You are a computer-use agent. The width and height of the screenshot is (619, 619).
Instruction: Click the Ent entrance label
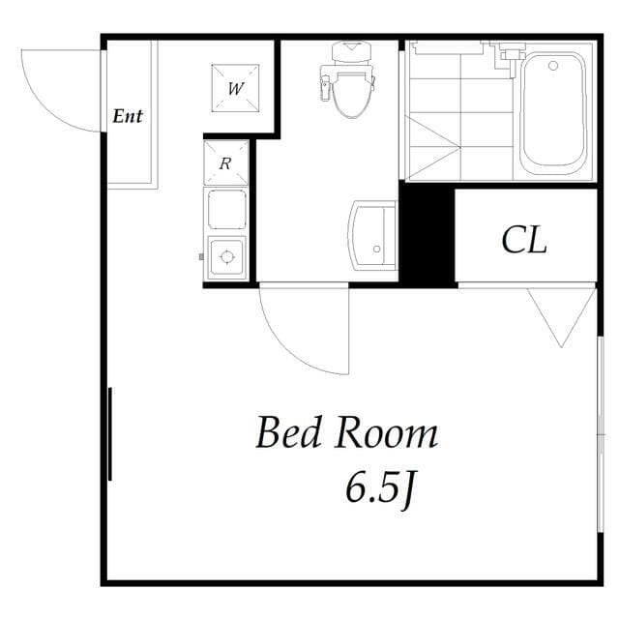coord(128,116)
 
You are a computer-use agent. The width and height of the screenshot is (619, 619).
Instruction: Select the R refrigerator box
coord(225,162)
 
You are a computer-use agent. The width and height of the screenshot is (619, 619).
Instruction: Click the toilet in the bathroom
coord(353,87)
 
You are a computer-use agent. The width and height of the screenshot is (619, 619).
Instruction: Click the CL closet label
coord(524,240)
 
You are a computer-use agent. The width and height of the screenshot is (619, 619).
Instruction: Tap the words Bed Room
coord(346,433)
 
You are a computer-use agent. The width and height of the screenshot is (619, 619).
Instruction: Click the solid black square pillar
coord(427,235)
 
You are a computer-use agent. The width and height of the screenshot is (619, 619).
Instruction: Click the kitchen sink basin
coord(226,209)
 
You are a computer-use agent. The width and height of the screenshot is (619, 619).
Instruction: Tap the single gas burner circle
coord(227,257)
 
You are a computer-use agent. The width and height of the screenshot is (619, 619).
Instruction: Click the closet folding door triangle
coord(562,315)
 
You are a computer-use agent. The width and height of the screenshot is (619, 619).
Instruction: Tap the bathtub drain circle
coord(553,66)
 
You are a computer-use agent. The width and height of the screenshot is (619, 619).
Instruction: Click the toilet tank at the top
coord(353,49)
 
